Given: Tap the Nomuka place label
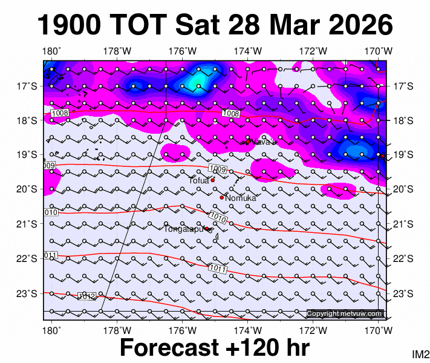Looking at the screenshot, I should tap(241, 198).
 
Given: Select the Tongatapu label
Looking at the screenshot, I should tap(183, 229).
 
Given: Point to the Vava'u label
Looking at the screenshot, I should tap(264, 142).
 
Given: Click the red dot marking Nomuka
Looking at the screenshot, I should tap(222, 197).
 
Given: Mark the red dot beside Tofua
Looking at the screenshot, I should tap(213, 180).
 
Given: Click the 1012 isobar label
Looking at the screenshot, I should tap(86, 296).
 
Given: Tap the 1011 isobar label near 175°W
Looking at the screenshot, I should tap(218, 268).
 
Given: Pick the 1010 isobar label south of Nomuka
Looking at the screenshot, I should tap(218, 217).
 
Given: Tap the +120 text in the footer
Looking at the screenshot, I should tap(255, 348).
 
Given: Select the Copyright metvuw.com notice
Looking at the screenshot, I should tap(345, 313).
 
